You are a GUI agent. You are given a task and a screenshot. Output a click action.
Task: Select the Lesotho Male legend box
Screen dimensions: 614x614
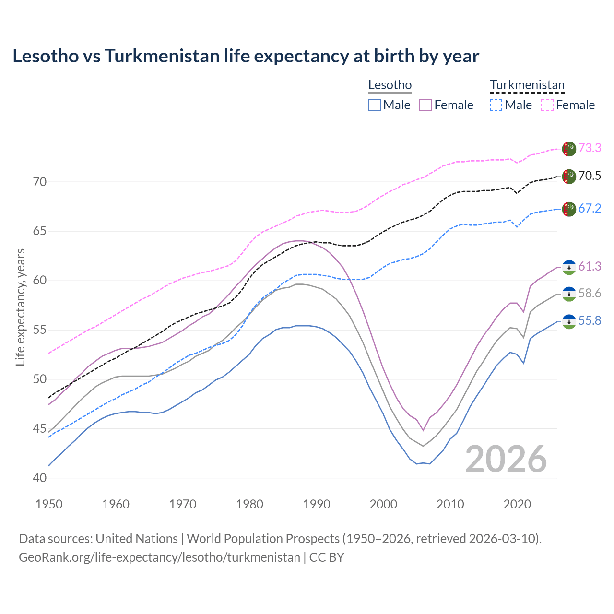375,105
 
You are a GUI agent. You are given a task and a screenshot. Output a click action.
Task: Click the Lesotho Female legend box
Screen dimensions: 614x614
425,105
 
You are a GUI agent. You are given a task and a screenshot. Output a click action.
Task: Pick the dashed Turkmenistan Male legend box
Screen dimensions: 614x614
496,105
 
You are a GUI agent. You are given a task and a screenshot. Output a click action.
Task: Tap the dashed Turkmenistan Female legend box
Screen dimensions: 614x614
547,105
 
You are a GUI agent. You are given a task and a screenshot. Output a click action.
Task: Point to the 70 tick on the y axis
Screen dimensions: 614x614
40,182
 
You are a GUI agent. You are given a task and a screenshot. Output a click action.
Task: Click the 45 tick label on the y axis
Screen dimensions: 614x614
40,428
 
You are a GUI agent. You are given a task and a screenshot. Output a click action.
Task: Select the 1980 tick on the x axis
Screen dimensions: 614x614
249,504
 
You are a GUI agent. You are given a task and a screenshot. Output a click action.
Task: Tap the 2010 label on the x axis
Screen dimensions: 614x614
450,504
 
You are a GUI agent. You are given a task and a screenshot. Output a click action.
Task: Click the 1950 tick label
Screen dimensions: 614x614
49,504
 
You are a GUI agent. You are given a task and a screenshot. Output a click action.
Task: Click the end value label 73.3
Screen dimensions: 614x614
590,148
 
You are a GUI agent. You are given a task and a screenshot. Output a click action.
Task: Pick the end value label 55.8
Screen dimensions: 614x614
590,320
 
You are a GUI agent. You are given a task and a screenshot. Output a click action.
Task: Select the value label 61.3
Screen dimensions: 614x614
590,266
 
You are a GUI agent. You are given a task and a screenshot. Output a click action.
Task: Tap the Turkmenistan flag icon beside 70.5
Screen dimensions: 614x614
569,176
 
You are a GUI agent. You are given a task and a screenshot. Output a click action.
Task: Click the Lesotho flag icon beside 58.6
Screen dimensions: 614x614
569,294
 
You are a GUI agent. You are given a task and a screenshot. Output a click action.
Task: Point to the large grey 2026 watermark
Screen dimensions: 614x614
506,459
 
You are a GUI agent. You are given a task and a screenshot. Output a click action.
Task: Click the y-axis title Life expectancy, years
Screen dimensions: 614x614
20,307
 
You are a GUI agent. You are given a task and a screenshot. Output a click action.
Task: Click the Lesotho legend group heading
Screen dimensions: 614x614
390,85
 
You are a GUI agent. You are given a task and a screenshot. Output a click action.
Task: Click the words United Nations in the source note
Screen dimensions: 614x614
137,539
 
